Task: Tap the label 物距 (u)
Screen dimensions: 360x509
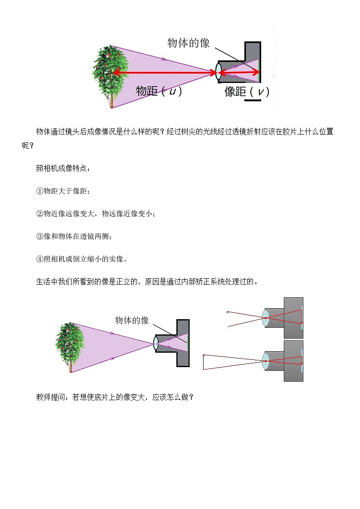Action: tap(159, 91)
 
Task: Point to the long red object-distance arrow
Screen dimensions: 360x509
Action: tap(165, 72)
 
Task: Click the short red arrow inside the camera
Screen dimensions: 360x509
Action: tap(240, 72)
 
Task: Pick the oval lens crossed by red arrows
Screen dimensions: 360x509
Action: tap(219, 72)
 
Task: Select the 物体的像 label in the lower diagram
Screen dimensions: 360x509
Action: tap(131, 320)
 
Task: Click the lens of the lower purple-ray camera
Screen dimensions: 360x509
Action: tap(156, 343)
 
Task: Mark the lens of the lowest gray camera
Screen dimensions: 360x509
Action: tap(266, 361)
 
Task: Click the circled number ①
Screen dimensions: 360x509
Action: tap(39, 191)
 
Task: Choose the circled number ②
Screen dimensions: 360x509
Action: tap(39, 213)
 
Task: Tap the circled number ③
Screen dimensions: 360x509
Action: tap(39, 236)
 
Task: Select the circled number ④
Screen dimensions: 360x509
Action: tap(39, 259)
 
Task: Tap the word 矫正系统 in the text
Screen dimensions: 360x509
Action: tap(211, 281)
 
